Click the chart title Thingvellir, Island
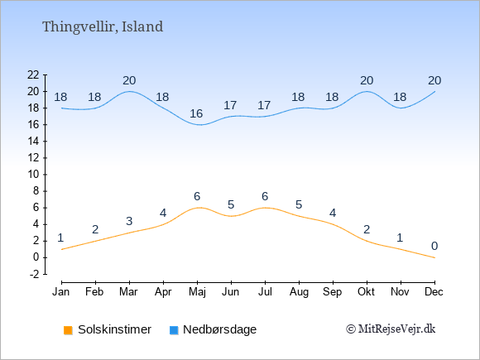pyautogui.click(x=103, y=27)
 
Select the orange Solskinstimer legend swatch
pyautogui.click(x=68, y=330)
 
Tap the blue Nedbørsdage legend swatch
pyautogui.click(x=174, y=330)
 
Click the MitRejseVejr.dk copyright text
pyautogui.click(x=391, y=329)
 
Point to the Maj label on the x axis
pyautogui.click(x=197, y=292)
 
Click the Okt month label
pyautogui.click(x=366, y=292)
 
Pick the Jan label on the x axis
pyautogui.click(x=61, y=292)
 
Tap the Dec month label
pyautogui.click(x=434, y=292)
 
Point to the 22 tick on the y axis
pyautogui.click(x=33, y=74)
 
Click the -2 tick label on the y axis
pyautogui.click(x=34, y=274)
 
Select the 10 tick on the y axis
pyautogui.click(x=33, y=175)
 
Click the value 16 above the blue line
pyautogui.click(x=196, y=113)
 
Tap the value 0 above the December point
pyautogui.click(x=434, y=246)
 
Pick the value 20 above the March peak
pyautogui.click(x=129, y=80)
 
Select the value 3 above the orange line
pyautogui.click(x=129, y=221)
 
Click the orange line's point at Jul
pyautogui.click(x=265, y=208)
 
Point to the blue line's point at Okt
pyautogui.click(x=367, y=92)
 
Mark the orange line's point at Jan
pyautogui.click(x=62, y=249)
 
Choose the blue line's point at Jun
pyautogui.click(x=231, y=117)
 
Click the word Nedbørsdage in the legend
pyautogui.click(x=220, y=329)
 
